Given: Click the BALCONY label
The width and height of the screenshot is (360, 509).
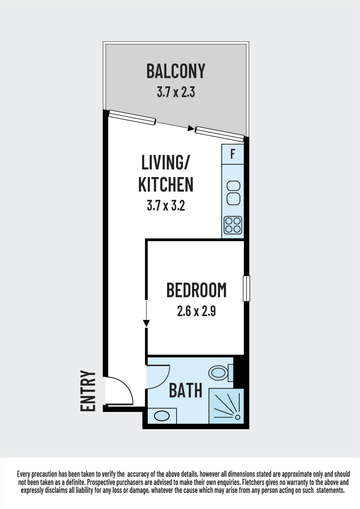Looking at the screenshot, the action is click(x=176, y=71).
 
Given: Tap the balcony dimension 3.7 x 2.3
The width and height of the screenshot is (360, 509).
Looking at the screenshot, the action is click(x=176, y=93).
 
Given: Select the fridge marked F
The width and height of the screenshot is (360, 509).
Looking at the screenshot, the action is click(x=233, y=154).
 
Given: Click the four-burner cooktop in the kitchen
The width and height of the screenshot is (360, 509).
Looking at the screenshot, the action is click(x=233, y=225).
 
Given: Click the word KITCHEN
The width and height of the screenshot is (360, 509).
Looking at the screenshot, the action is click(x=166, y=185).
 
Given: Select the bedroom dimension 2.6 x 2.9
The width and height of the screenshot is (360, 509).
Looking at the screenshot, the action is click(x=196, y=311).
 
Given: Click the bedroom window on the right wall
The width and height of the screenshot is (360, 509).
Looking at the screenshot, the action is click(x=246, y=288).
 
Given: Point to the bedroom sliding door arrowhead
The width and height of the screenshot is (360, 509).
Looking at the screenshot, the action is click(x=146, y=323).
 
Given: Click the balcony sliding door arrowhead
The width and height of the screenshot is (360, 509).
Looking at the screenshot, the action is click(x=191, y=128).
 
